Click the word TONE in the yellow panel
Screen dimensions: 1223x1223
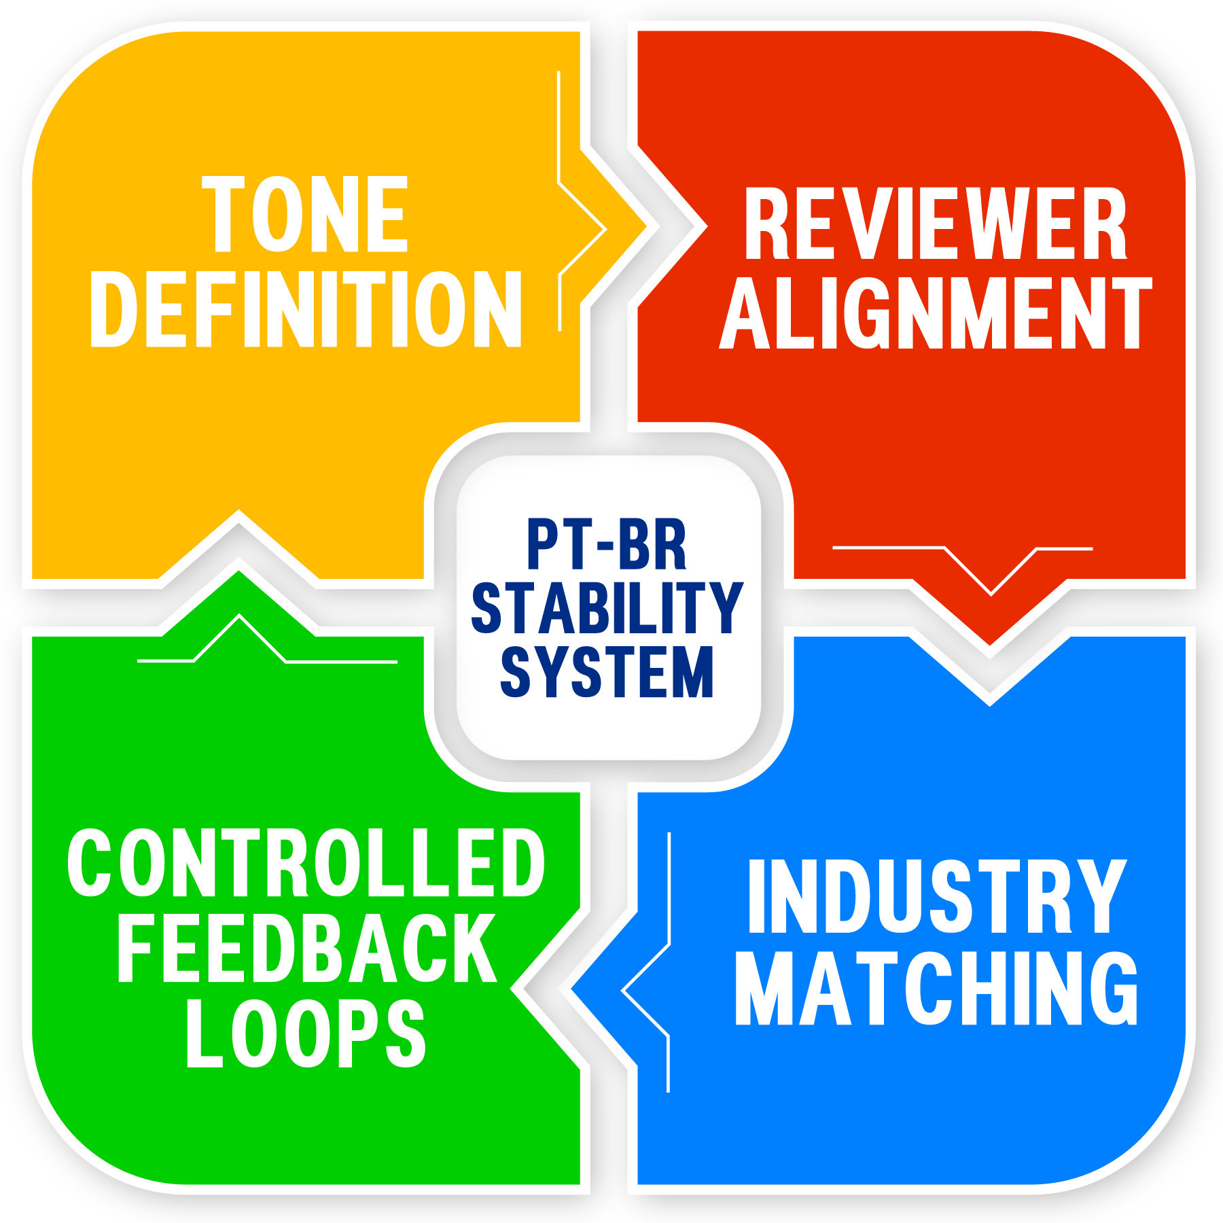tap(305, 214)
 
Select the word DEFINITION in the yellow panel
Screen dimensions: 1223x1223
tap(305, 309)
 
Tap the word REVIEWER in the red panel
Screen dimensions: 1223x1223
tap(935, 224)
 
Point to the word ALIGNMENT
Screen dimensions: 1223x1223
tap(935, 314)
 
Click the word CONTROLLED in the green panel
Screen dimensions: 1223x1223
tap(306, 863)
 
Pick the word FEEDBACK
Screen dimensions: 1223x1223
tap(306, 948)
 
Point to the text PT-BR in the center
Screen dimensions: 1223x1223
tap(607, 545)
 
